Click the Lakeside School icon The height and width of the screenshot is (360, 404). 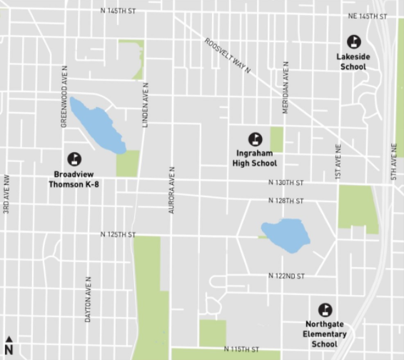tap(353, 42)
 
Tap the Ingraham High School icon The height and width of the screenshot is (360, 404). tap(255, 139)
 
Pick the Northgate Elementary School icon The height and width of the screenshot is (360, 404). tap(325, 310)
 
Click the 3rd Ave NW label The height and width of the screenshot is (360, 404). tap(6, 194)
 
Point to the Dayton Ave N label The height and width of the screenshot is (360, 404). tap(88, 299)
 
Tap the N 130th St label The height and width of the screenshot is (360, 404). tap(286, 183)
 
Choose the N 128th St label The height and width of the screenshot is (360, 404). tap(286, 201)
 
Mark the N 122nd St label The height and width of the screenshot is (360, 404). tap(286, 276)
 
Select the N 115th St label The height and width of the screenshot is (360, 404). tap(241, 349)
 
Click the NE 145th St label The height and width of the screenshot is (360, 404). tap(367, 16)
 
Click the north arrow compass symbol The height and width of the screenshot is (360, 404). tap(9, 344)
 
